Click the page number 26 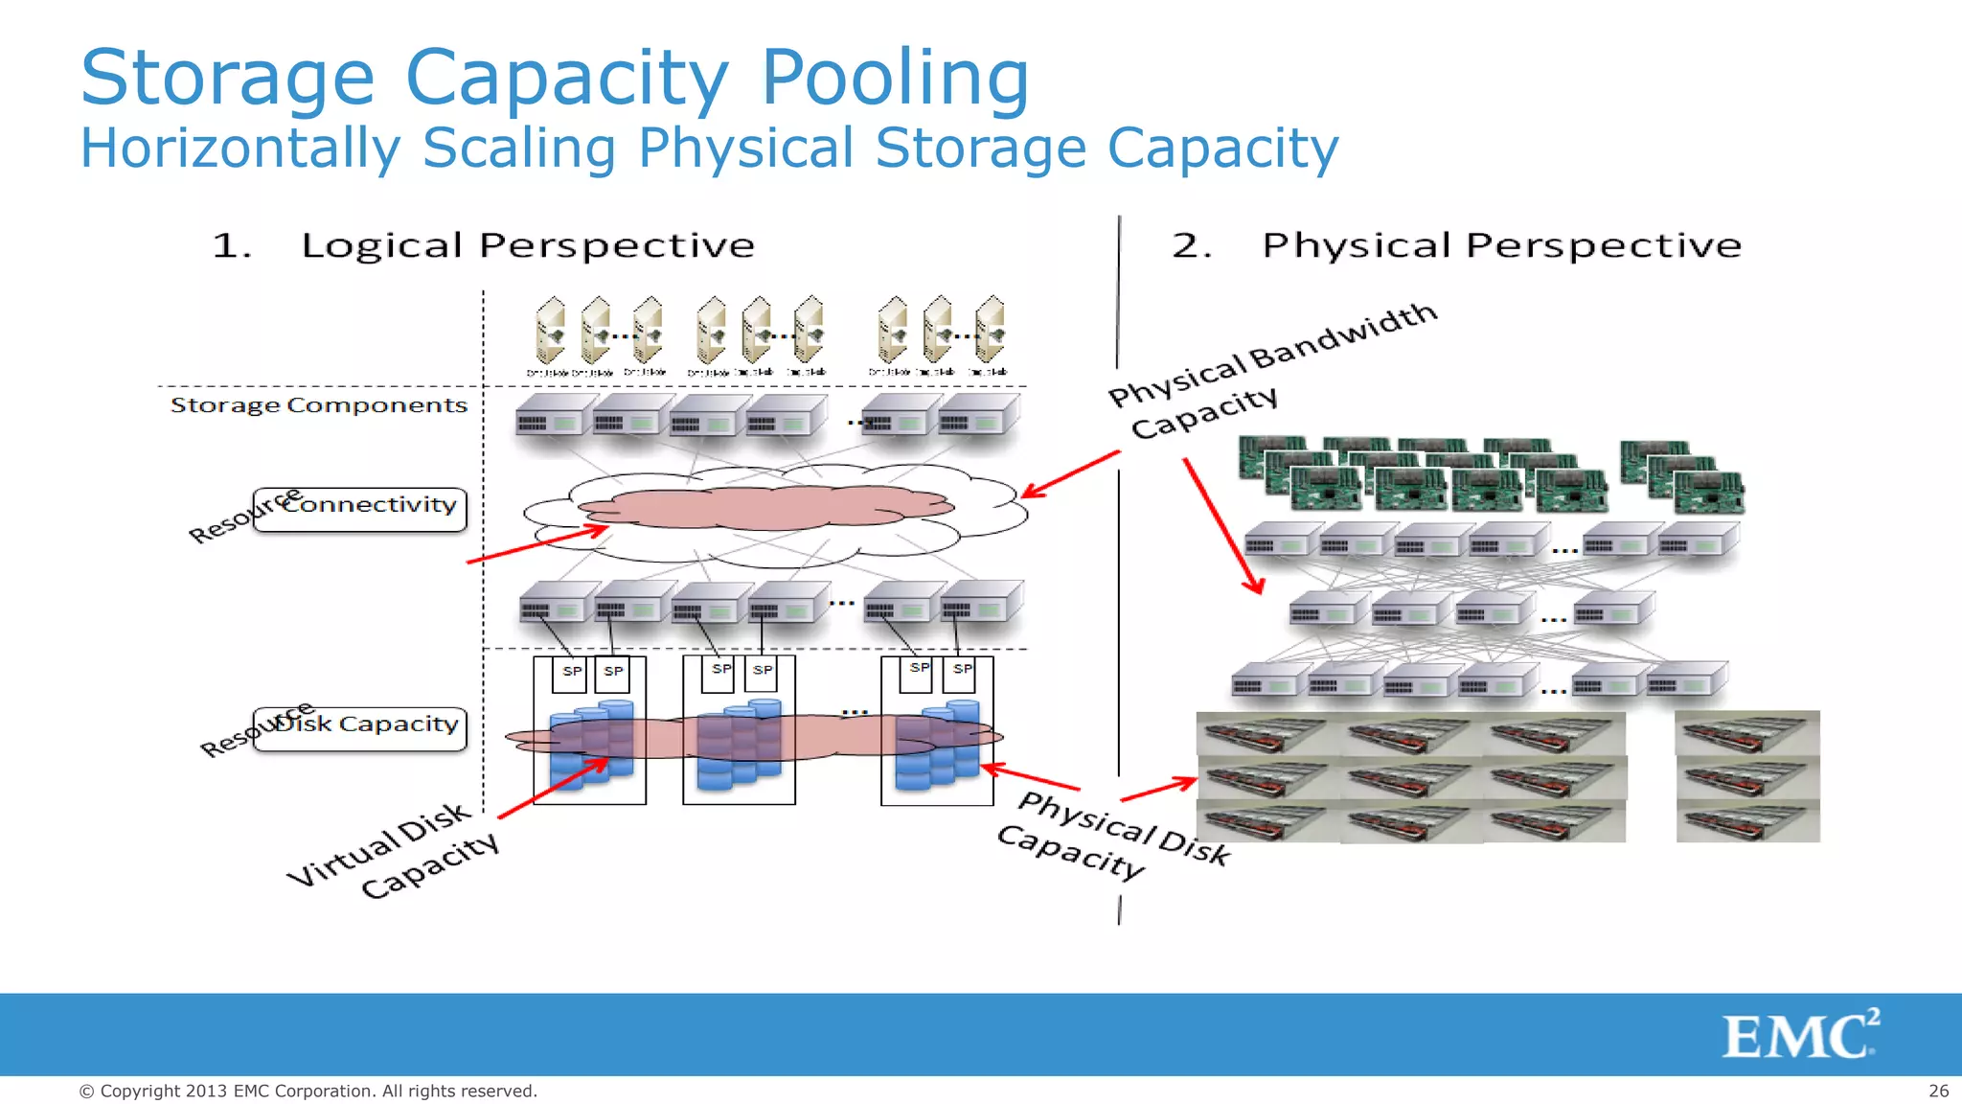pos(1938,1091)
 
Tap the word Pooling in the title pos(895,78)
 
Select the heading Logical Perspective pos(528,245)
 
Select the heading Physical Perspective pos(1501,245)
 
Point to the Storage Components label pos(319,405)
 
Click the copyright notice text pos(308,1091)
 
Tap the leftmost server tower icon pos(550,331)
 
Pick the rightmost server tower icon pos(990,331)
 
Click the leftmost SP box pos(571,673)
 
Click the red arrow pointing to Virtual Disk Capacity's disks pos(554,789)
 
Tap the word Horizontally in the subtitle pos(240,149)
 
